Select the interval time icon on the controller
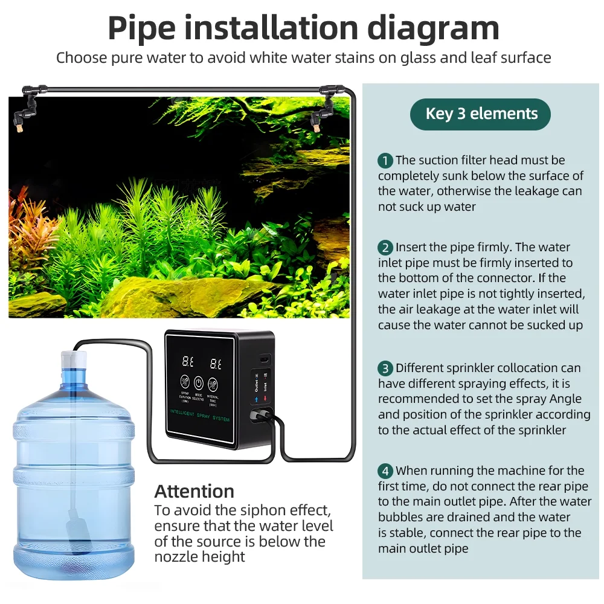(x=213, y=384)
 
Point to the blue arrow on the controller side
(x=256, y=398)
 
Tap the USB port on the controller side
(x=265, y=359)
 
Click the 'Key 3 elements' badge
(x=481, y=114)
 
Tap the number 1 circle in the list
(x=385, y=161)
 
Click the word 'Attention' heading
(x=194, y=490)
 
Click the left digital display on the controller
(x=188, y=363)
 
